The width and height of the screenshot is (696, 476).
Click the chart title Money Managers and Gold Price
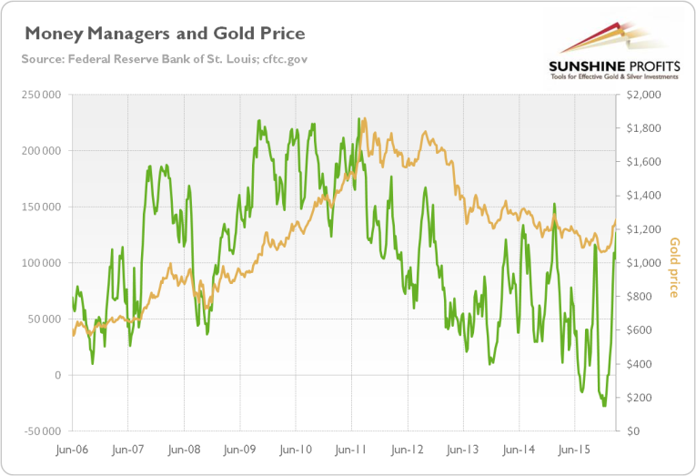point(164,34)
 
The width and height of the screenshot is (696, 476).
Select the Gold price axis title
point(674,268)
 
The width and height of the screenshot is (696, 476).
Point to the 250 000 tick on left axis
point(43,95)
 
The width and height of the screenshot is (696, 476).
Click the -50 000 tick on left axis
point(42,430)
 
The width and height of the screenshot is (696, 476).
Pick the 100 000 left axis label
point(43,263)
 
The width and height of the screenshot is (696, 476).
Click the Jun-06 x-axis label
point(73,450)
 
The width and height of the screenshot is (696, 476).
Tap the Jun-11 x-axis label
point(351,450)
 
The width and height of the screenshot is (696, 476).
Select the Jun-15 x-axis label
point(575,450)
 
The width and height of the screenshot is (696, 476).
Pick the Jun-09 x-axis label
point(240,450)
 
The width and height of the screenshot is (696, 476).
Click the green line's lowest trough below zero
point(604,406)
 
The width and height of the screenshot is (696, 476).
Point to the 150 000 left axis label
point(43,207)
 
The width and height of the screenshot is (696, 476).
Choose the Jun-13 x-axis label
point(463,450)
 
